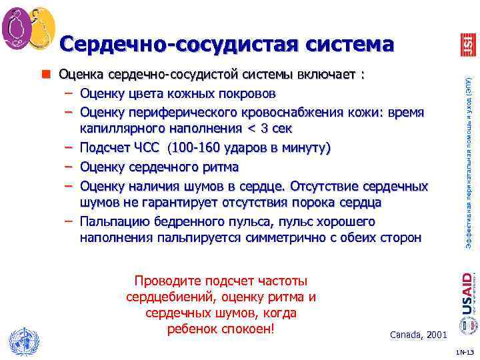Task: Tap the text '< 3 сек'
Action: coord(268,128)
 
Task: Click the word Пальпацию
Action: coord(115,221)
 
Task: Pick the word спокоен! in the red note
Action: coord(245,330)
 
